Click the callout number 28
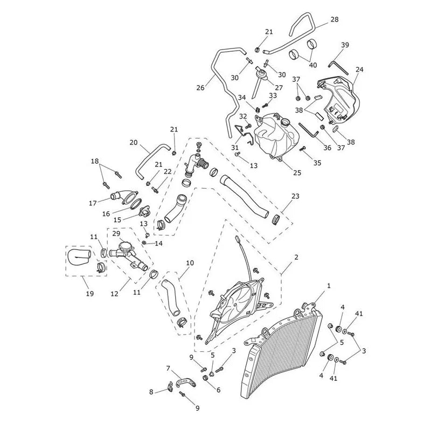pos(335,19)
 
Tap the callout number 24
pos(359,69)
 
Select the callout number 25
pos(297,172)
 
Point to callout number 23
pos(295,196)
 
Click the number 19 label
pos(89,294)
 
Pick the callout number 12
pos(114,294)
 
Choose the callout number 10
pos(190,263)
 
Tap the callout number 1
pos(329,286)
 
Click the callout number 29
pos(116,233)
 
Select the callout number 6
pos(219,390)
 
